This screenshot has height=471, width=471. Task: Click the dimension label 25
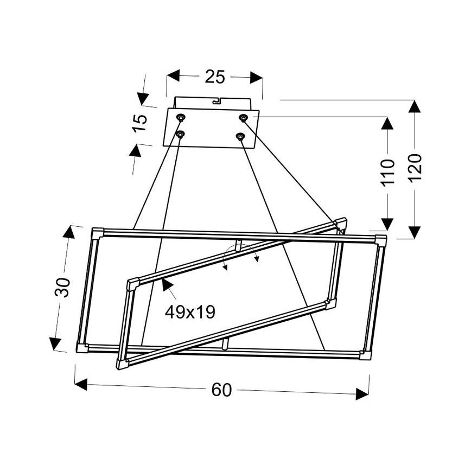[x=215, y=77]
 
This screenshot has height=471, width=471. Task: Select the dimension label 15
[x=139, y=122]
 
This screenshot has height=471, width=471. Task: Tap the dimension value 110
[x=387, y=172]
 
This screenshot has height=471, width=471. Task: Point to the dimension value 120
[x=415, y=168]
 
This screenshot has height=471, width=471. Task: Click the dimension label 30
[x=63, y=287]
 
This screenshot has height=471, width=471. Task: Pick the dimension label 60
[x=221, y=390]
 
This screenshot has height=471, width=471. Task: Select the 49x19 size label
[x=190, y=312]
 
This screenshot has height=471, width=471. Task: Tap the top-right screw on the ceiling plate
[x=244, y=118]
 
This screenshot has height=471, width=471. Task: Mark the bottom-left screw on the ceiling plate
[x=180, y=133]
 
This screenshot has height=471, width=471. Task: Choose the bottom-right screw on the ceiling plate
[x=240, y=136]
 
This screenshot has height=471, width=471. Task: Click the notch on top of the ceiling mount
[x=218, y=100]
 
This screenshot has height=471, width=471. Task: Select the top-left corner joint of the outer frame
[x=98, y=233]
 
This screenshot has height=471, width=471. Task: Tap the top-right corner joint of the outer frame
[x=381, y=240]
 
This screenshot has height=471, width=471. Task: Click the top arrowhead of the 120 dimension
[x=415, y=106]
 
